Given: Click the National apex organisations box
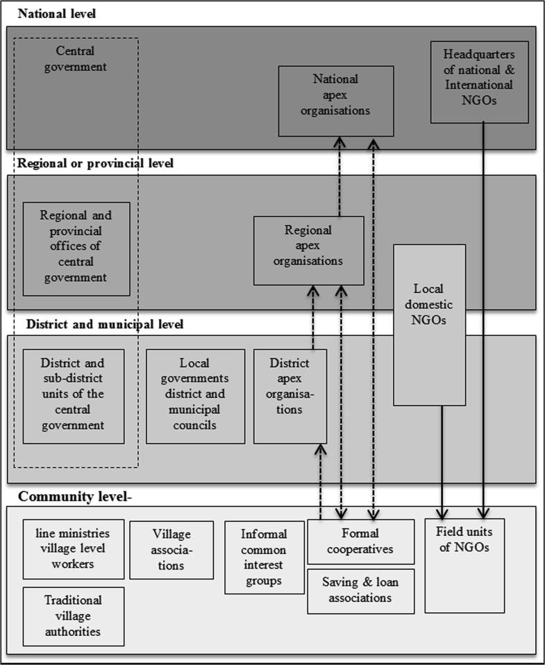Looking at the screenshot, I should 336,101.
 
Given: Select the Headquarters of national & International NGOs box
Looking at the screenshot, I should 480,82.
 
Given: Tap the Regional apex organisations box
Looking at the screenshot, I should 308,250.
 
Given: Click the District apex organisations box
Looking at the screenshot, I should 290,396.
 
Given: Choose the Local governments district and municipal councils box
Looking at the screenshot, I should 195,396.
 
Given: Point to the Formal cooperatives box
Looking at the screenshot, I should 360,542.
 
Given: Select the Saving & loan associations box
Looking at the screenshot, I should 361,591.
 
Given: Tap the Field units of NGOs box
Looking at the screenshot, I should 464,565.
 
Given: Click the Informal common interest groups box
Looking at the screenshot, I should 265,557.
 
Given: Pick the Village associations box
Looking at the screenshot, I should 171,550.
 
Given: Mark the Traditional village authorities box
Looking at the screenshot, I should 74,616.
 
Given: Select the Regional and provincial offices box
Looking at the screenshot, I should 76,246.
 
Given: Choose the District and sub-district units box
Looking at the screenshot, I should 74,396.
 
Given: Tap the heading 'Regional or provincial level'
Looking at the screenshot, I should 95,164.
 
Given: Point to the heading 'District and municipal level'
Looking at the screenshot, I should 104,324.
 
